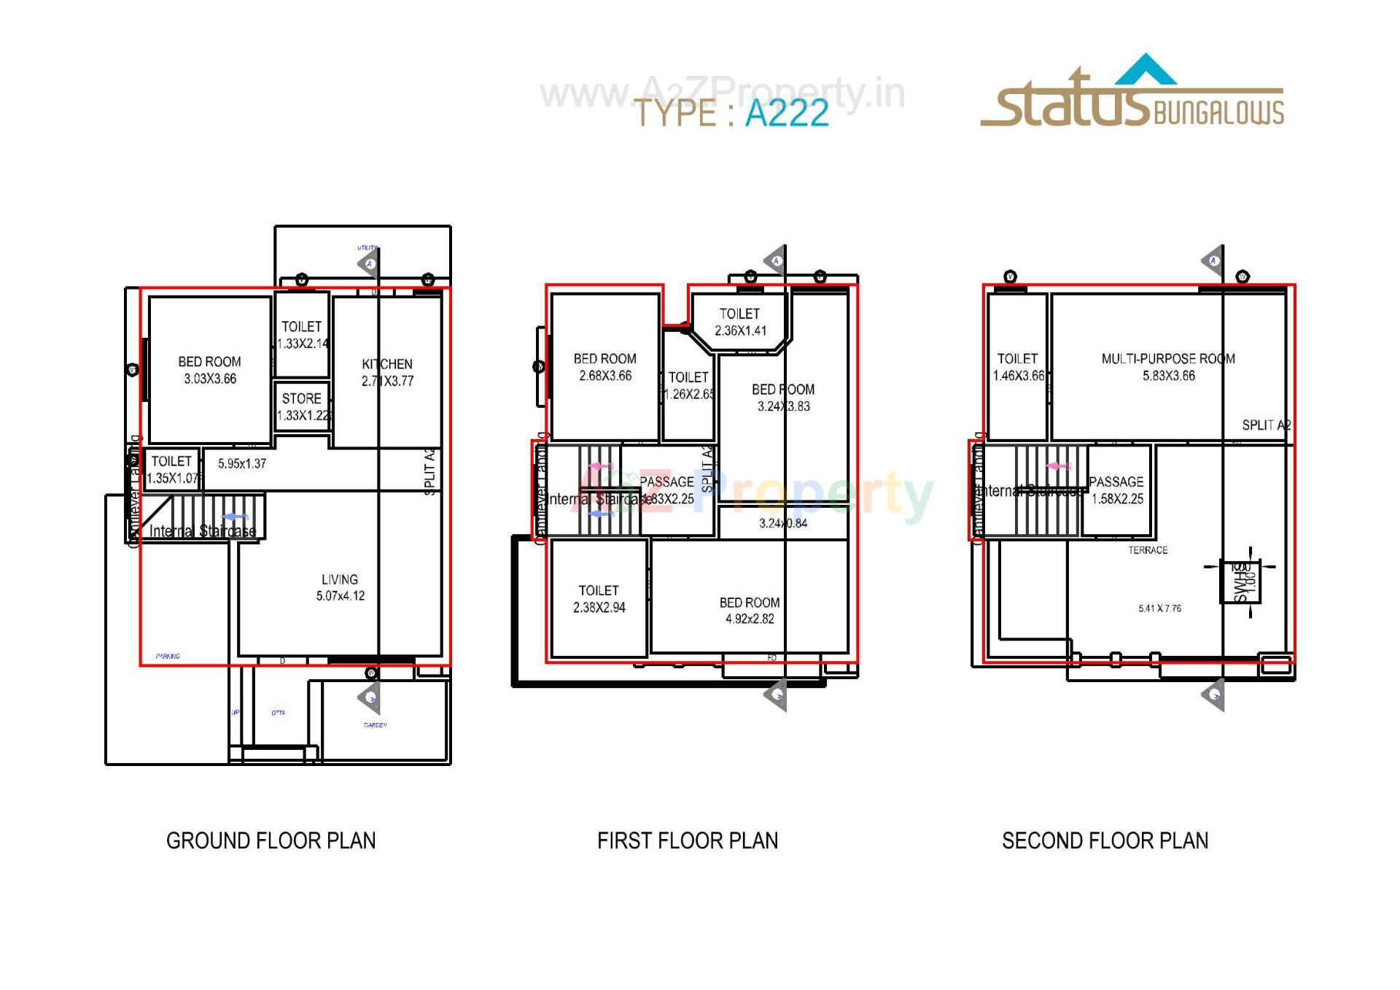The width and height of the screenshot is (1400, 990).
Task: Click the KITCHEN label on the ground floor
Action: click(386, 364)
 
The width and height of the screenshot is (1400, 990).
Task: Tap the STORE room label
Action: click(301, 398)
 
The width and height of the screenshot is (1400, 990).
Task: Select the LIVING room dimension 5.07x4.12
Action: click(340, 596)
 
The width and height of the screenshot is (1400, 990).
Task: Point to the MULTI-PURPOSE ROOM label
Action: click(1167, 359)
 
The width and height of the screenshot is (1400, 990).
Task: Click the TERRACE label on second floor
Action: click(1148, 550)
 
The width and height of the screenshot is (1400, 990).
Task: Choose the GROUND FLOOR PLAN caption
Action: click(271, 840)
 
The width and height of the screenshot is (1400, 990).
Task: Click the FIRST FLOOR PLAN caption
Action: click(687, 840)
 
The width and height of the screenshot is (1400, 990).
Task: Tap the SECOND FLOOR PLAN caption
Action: click(1105, 840)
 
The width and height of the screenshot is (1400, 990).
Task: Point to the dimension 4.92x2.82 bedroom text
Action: click(750, 619)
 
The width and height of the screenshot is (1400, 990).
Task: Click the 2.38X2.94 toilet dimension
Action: click(599, 608)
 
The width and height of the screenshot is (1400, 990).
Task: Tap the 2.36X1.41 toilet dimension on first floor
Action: click(739, 330)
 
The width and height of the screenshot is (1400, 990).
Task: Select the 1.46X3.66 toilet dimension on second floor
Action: click(1018, 376)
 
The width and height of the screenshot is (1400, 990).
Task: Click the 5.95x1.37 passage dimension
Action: click(242, 463)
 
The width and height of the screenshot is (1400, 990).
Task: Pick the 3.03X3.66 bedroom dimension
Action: click(210, 379)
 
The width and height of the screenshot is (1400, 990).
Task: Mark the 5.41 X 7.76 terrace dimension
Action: click(1159, 608)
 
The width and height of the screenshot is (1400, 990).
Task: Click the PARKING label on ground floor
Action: click(168, 656)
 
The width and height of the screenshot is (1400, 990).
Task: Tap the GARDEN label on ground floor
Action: click(375, 725)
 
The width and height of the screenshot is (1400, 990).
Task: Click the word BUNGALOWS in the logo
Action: click(1218, 112)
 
